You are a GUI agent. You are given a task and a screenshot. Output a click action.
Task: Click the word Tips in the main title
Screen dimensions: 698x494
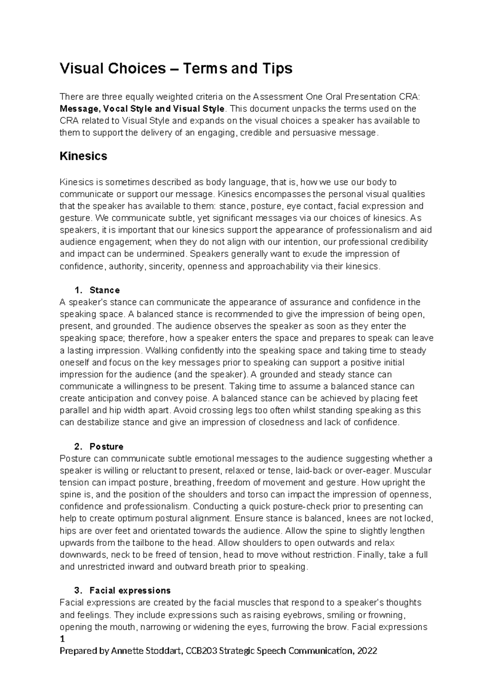pyautogui.click(x=277, y=69)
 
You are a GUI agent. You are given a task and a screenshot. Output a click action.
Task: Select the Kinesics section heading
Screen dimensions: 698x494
pyautogui.click(x=84, y=156)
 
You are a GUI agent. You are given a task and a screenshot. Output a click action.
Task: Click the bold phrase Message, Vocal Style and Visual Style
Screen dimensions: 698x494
pyautogui.click(x=142, y=109)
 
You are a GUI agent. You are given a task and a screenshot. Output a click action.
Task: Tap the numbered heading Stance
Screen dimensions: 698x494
pyautogui.click(x=105, y=290)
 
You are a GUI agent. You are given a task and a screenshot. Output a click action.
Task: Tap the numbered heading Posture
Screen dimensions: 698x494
pyautogui.click(x=106, y=447)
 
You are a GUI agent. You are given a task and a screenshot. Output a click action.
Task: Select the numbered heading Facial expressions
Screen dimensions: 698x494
pyautogui.click(x=130, y=591)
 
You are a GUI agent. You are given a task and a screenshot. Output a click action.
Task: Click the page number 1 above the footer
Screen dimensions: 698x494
pyautogui.click(x=62, y=639)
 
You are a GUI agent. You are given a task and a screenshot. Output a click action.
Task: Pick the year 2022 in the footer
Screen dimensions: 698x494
pyautogui.click(x=367, y=651)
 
